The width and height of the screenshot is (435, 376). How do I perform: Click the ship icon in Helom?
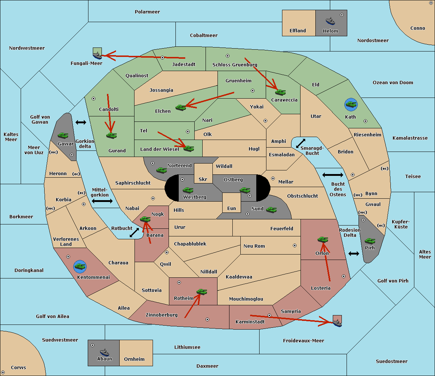[330, 21]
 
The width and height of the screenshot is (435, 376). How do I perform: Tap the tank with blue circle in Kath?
[351, 104]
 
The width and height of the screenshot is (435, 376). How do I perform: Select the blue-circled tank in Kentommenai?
[80, 266]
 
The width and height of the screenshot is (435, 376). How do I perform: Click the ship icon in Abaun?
[105, 352]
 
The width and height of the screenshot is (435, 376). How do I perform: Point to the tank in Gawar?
[63, 135]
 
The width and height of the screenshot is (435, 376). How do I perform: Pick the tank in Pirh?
[370, 241]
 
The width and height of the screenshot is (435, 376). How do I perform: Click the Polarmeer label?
[147, 12]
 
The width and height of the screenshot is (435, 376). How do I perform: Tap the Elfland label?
[298, 31]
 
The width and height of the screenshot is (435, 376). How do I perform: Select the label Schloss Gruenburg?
[235, 65]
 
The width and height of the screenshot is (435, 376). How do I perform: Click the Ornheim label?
[134, 359]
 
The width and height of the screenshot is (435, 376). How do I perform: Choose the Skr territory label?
[203, 179]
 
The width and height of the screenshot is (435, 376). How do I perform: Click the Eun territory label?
[232, 208]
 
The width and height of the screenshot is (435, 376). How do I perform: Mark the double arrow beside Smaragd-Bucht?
[301, 143]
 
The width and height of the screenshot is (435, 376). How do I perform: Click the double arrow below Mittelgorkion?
[102, 201]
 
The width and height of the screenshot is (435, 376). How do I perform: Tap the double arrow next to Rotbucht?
[134, 232]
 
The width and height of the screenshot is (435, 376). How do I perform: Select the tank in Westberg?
[188, 190]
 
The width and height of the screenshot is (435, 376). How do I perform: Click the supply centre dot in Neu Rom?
[295, 245]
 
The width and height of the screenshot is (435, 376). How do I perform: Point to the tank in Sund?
[271, 210]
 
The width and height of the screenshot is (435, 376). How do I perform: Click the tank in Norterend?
[161, 170]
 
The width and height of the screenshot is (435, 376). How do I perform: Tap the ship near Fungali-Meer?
[97, 55]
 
